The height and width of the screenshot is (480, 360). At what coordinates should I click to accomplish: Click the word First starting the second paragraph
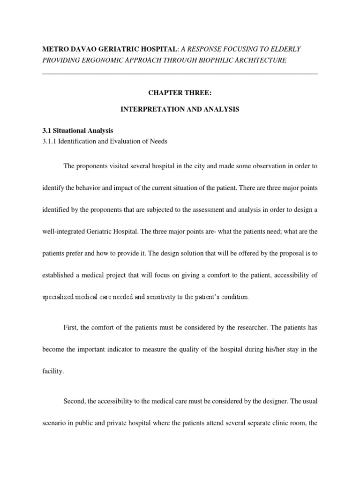(x=70, y=327)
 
